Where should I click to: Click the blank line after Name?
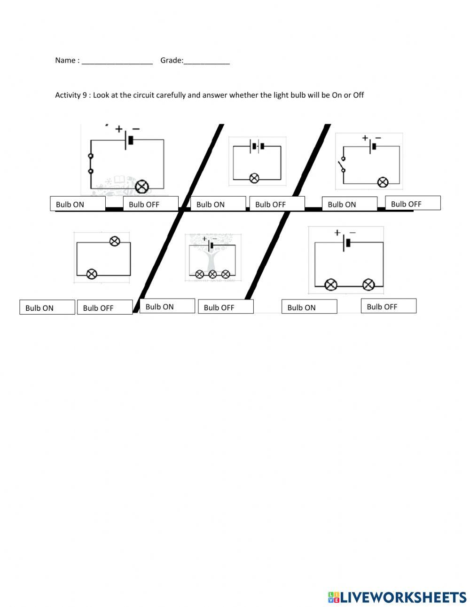117,62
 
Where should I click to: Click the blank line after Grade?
206,62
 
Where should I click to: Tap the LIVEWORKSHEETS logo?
397,597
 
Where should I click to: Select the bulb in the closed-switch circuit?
141,187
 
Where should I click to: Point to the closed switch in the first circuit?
91,164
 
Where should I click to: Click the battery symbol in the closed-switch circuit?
128,140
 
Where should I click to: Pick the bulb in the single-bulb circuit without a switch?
254,178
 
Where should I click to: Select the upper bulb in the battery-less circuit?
114,241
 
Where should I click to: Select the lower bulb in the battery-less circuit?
92,274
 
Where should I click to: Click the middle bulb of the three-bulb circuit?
212,274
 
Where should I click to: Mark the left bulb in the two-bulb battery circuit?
331,284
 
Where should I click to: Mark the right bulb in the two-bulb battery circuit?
368,284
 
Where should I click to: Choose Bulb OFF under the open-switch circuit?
413,203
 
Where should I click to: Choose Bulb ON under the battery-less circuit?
47,307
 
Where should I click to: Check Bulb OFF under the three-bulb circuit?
226,307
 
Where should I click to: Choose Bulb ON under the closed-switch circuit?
78,204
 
